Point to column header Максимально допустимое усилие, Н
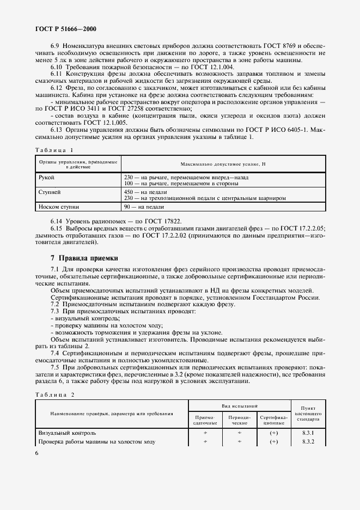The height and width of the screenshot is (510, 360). point(223,163)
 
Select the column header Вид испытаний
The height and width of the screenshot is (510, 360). point(240,406)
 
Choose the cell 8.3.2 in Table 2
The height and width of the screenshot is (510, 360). point(308,442)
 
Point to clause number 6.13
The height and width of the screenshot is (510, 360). point(58,131)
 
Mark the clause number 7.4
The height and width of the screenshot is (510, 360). point(55,354)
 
